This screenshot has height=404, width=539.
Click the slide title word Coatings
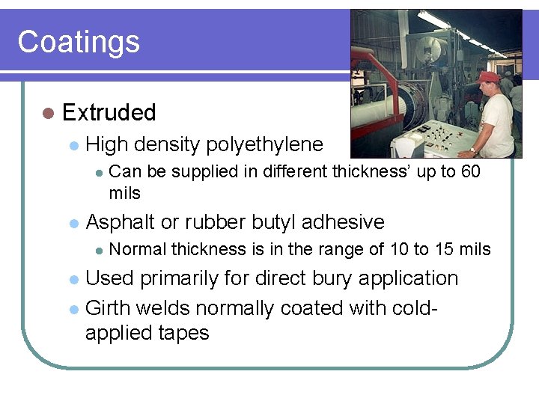coord(79,42)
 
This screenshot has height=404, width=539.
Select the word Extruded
coord(109,113)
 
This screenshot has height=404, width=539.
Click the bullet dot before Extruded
coord(49,113)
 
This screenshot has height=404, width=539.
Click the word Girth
coord(110,307)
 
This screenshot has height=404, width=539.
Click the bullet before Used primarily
coord(73,279)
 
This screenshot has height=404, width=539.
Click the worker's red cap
coord(489,76)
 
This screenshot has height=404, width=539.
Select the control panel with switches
coord(440,137)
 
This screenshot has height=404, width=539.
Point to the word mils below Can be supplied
coord(124,193)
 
